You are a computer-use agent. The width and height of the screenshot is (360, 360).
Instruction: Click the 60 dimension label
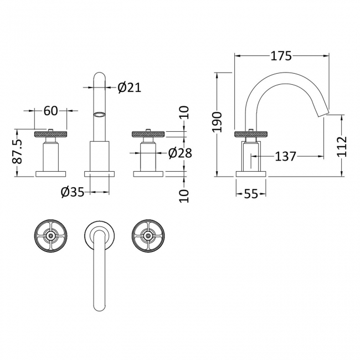(x=50, y=111)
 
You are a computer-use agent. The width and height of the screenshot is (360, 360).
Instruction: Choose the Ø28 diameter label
(x=179, y=152)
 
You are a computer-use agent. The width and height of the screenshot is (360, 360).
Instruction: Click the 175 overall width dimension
(x=281, y=55)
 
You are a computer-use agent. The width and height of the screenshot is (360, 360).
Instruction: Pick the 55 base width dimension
(x=251, y=193)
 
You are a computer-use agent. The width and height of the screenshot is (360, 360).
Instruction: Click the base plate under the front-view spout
(x=99, y=173)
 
